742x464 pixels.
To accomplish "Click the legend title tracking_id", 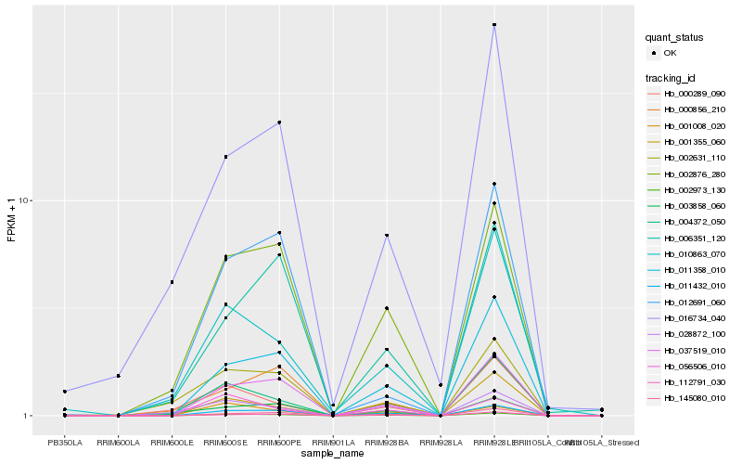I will click(671, 77).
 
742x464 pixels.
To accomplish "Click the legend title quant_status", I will click(674, 38).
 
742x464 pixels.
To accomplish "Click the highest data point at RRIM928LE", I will click(494, 25).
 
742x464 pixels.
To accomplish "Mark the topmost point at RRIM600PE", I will click(279, 122).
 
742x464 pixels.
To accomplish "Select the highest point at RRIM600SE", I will click(225, 157).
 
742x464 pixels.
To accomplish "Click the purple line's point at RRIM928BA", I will click(387, 236).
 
